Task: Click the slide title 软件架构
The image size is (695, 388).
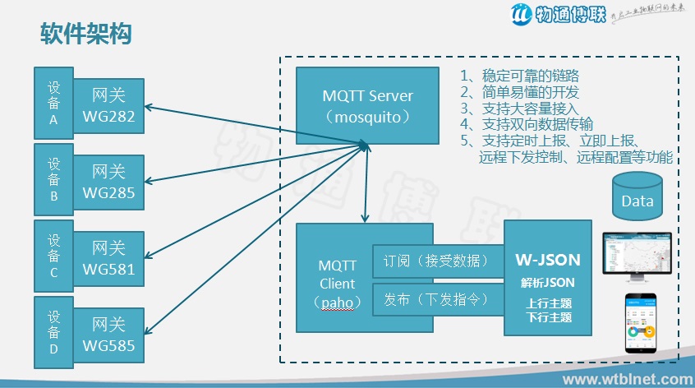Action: click(87, 34)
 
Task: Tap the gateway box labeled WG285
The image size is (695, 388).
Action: click(108, 183)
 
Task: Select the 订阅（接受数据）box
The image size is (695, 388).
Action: click(437, 262)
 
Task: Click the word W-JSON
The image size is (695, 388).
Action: click(548, 260)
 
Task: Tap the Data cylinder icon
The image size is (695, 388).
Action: click(637, 198)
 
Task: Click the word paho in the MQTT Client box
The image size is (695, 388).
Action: click(338, 303)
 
